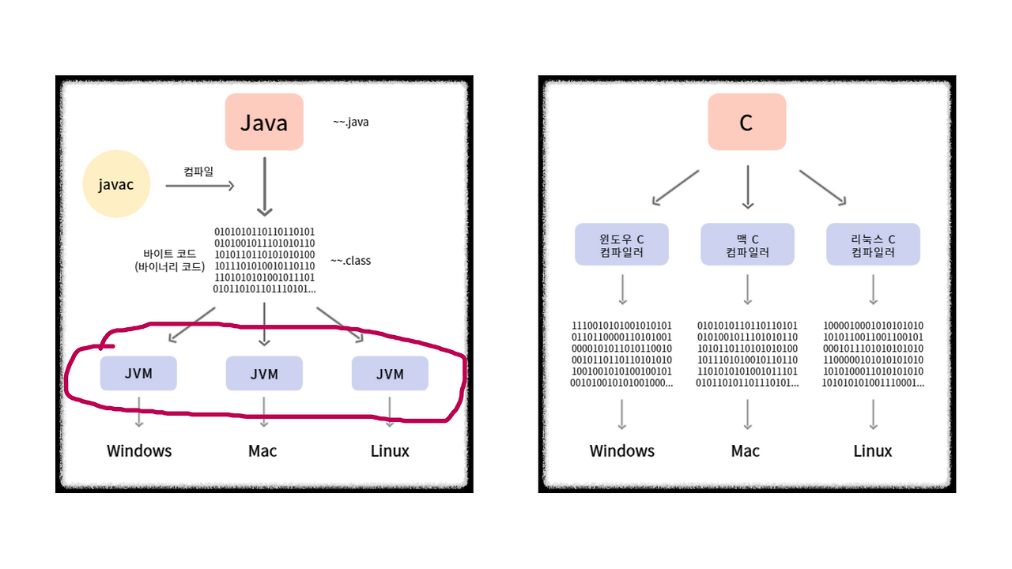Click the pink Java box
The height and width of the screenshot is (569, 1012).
point(264,122)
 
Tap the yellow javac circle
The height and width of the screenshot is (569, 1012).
point(116,184)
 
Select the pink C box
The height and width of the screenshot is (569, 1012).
point(746,122)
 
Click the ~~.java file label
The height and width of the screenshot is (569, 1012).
point(350,122)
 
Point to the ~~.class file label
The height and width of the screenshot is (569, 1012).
point(350,261)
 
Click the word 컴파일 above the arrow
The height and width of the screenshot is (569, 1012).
point(198,171)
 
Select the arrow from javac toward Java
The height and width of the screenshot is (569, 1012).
point(200,186)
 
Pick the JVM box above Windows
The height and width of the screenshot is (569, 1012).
point(138,374)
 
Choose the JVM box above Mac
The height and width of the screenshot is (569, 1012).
point(264,374)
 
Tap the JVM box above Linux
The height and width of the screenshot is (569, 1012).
point(390,374)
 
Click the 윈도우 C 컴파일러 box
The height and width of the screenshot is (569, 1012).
point(621,244)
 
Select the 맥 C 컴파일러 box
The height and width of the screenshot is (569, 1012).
point(747,244)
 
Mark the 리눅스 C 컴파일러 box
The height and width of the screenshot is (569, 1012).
point(873,244)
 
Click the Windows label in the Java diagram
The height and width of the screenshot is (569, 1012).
point(139,450)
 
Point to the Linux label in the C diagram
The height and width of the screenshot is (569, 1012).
point(873,450)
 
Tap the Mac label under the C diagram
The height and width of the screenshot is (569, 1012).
point(746,450)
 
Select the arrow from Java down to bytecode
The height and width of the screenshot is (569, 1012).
point(264,187)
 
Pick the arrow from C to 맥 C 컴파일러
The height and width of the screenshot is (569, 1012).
point(747,187)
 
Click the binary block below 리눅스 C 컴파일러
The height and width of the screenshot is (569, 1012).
point(873,354)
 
